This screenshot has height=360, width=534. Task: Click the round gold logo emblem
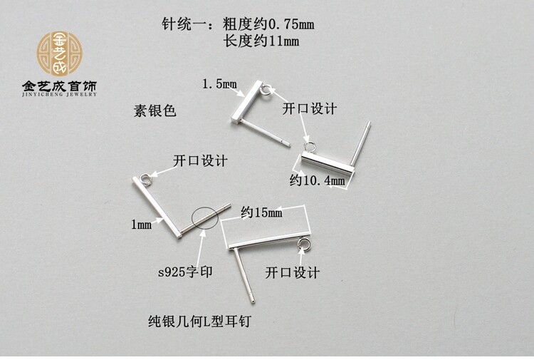tap(60, 52)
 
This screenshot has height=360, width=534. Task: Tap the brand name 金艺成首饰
tap(60, 87)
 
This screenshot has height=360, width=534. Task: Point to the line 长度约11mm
tap(261, 41)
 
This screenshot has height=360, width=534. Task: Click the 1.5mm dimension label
tap(219, 84)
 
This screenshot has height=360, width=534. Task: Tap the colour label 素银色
tap(155, 112)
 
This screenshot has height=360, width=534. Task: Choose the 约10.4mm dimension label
tap(317, 181)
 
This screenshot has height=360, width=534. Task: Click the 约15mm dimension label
tap(261, 212)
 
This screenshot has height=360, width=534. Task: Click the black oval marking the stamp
tap(201, 218)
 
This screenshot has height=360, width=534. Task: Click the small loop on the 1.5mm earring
tap(266, 91)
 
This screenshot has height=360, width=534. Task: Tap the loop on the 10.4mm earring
tap(309, 146)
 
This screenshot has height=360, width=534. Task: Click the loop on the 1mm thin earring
tap(145, 178)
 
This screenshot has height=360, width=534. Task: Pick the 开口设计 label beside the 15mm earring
tap(292, 272)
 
